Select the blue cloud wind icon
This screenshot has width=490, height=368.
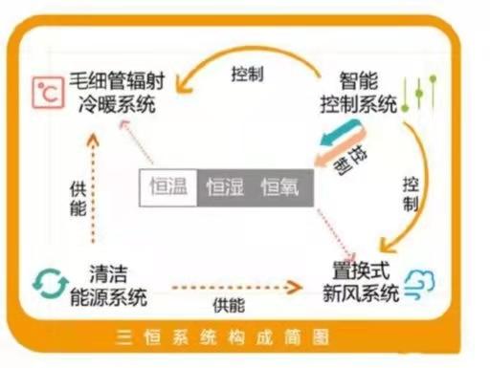[420, 284]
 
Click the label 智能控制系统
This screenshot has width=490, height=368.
[362, 92]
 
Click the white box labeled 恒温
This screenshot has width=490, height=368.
[171, 187]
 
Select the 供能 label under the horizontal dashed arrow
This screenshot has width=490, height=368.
[228, 306]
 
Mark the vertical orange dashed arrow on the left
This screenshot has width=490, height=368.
[93, 186]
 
